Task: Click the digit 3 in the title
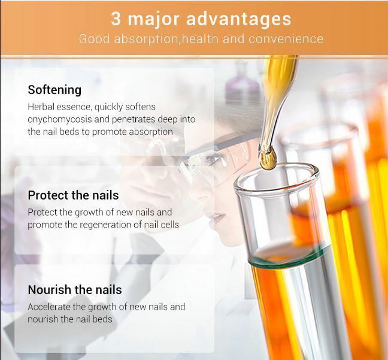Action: [x=116, y=19]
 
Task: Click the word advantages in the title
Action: [x=239, y=20]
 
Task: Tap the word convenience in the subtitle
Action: [x=286, y=39]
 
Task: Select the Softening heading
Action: [x=54, y=90]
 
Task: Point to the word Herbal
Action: [x=41, y=107]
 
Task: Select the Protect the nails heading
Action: [x=73, y=195]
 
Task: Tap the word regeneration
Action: [x=108, y=225]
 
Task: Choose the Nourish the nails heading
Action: [x=75, y=290]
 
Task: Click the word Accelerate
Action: [x=49, y=307]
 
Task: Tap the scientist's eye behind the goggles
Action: [x=213, y=157]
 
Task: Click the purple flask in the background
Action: [x=242, y=81]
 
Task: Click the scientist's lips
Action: [x=218, y=217]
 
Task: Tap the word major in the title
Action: [x=153, y=20]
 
